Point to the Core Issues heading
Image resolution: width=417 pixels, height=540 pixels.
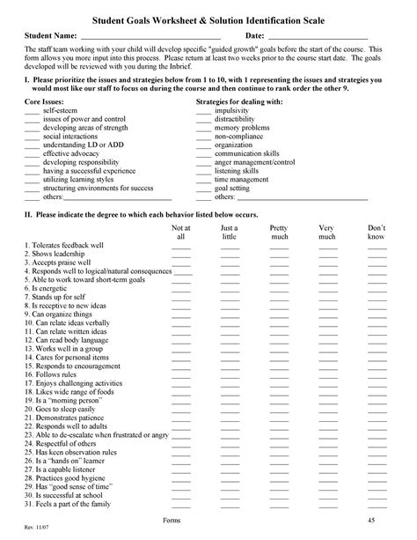pos(45,103)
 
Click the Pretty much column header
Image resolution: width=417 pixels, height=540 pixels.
pos(280,232)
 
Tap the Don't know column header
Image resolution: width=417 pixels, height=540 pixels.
pos(377,232)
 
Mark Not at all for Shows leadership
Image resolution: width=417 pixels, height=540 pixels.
pos(181,255)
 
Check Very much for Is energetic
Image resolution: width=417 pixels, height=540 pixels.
pos(327,289)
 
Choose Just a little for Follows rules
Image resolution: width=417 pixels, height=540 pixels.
pos(230,374)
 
